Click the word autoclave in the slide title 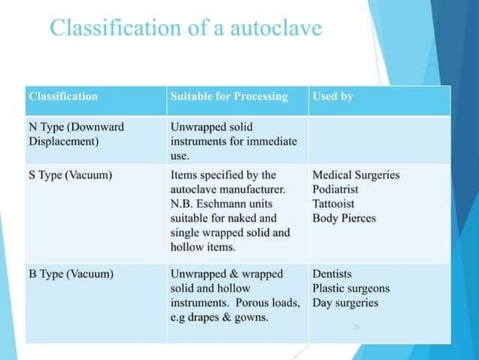point(278,29)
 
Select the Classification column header point(63,97)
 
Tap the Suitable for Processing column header point(229,97)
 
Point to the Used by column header point(333,97)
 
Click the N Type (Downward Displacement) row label point(76,134)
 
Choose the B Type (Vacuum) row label point(71,274)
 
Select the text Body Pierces point(345,218)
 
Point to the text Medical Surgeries point(356,175)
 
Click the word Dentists point(333,274)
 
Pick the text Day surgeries point(345,303)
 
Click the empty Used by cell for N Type point(379,140)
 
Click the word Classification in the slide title point(121,29)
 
